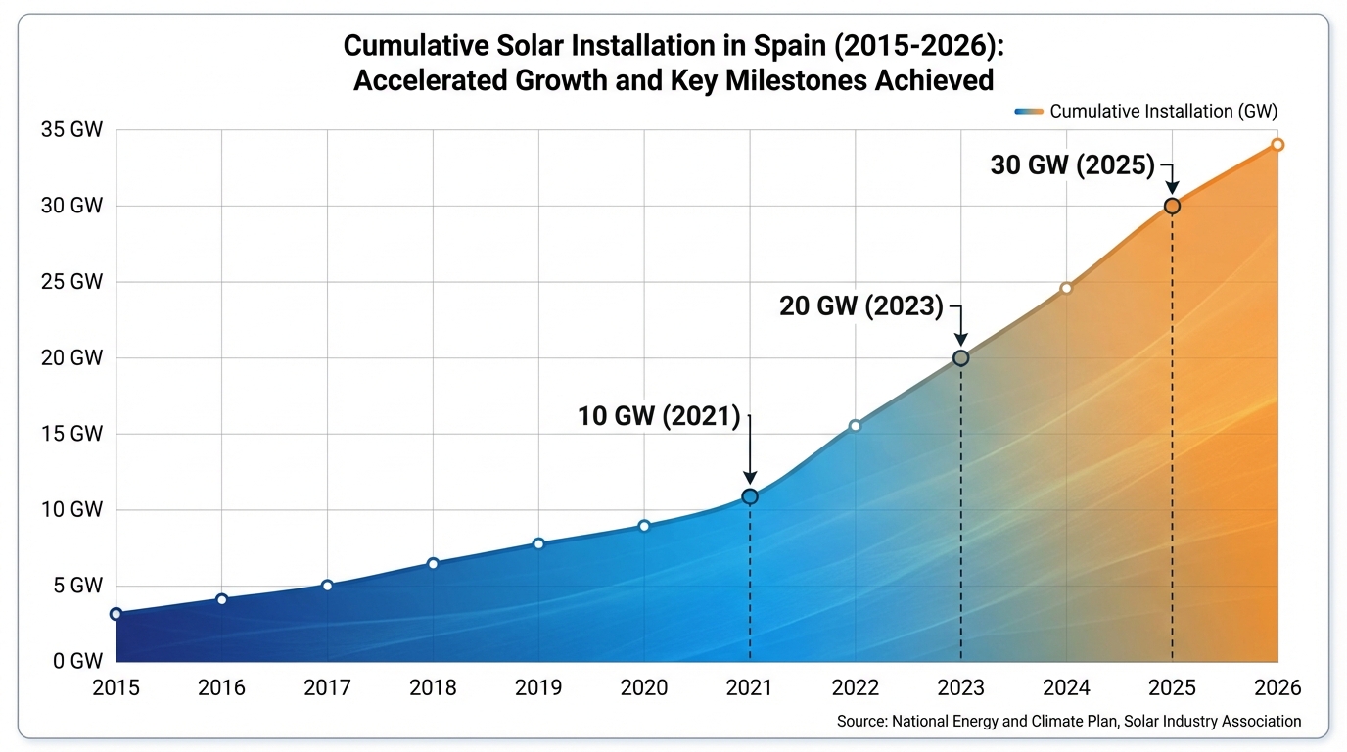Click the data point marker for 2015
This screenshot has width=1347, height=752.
point(116,614)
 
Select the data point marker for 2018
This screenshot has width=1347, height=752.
point(433,563)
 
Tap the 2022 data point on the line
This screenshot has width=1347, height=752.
point(855,425)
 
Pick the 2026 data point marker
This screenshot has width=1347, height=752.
point(1277,145)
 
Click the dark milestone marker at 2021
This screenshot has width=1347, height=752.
point(750,496)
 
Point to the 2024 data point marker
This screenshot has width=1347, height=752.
point(1066,288)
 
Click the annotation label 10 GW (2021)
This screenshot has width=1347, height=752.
point(659,416)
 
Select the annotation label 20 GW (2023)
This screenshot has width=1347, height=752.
point(861,306)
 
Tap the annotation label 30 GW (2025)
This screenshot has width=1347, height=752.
point(1073,165)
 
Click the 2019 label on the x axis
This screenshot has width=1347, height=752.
point(538,688)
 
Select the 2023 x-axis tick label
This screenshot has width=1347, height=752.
point(960,688)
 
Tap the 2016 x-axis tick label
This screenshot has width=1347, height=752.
point(221,688)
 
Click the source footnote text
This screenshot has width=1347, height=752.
point(1069,722)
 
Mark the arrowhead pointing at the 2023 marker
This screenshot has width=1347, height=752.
point(960,338)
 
